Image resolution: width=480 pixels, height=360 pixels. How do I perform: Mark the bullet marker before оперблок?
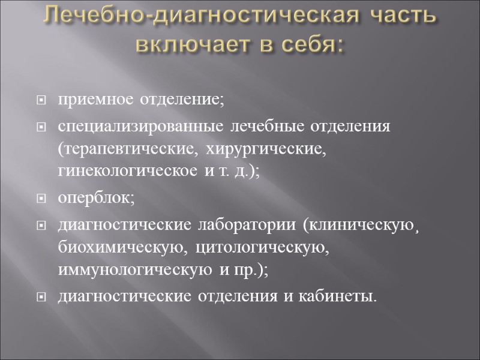tap(41, 199)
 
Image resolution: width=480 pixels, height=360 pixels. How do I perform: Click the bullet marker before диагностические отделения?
tap(41, 296)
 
